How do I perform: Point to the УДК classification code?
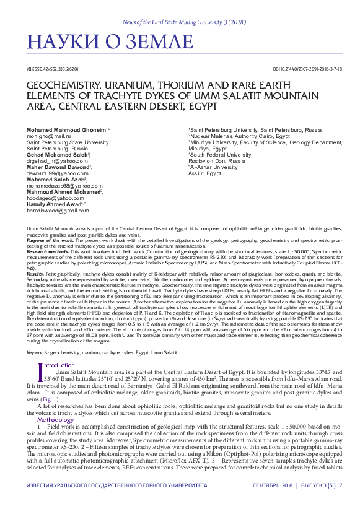[53, 69]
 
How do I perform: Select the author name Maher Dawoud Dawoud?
[59, 167]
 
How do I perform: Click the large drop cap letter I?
[40, 355]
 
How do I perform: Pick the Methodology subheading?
[55, 402]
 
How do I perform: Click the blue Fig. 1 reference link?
[50, 382]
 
